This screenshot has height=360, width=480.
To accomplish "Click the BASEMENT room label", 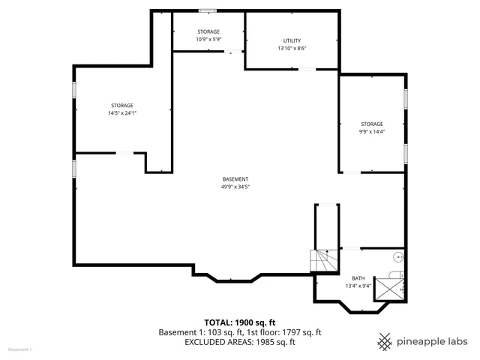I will [x=235, y=178].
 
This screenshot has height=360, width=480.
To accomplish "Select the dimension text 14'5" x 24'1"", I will [x=122, y=113].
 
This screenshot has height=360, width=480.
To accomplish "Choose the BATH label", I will [x=358, y=277].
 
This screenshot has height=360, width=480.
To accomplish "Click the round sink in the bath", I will [x=397, y=256].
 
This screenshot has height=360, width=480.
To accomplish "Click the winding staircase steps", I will [x=323, y=261].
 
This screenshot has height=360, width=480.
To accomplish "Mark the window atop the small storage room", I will [x=208, y=10].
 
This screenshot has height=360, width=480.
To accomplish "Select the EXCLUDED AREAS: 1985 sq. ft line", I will [x=240, y=342].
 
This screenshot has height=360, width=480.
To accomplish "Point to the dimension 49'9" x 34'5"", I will [x=235, y=187].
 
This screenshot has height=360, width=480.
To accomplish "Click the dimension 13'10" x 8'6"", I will [x=292, y=48].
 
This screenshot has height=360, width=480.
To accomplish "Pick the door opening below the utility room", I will [x=307, y=70].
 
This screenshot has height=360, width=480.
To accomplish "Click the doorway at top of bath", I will [x=351, y=248].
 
